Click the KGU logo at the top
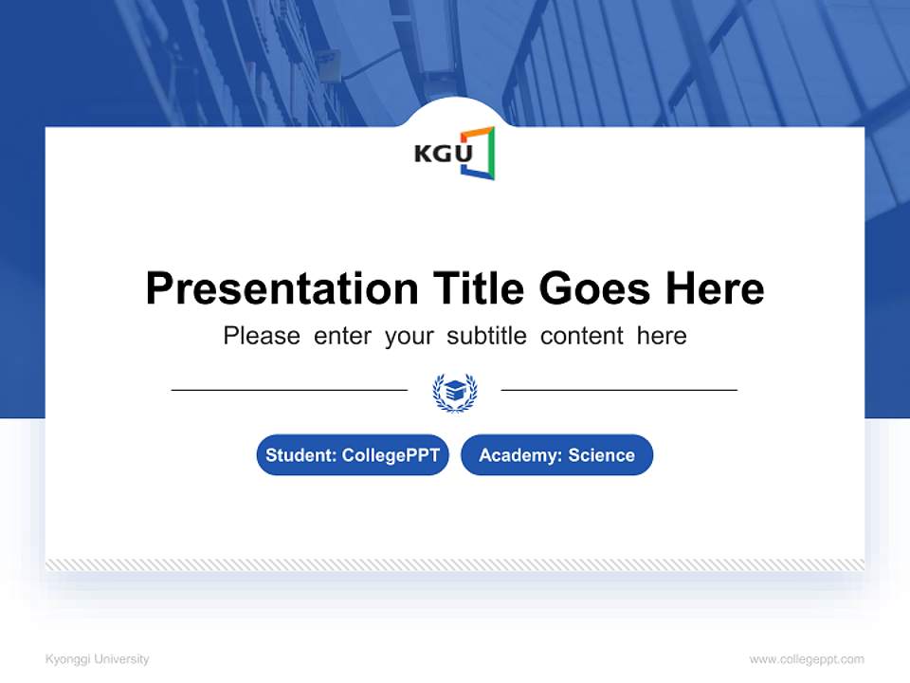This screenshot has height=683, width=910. [x=454, y=153]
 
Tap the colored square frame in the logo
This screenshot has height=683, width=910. [x=479, y=153]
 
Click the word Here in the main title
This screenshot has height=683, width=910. [x=714, y=288]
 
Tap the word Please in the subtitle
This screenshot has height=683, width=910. [x=262, y=336]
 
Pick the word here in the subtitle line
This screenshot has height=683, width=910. [x=662, y=336]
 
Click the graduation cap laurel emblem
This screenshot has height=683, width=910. [x=455, y=391]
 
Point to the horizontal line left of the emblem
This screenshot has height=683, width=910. [x=289, y=390]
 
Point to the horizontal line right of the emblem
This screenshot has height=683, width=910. [x=619, y=390]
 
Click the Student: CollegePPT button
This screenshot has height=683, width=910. [x=353, y=455]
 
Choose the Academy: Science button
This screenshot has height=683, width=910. [x=556, y=455]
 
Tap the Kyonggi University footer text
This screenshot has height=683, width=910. [x=97, y=659]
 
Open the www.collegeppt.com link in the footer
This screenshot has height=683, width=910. [x=807, y=659]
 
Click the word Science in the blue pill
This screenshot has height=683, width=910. [x=601, y=455]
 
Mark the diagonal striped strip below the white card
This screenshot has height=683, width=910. [x=455, y=564]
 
